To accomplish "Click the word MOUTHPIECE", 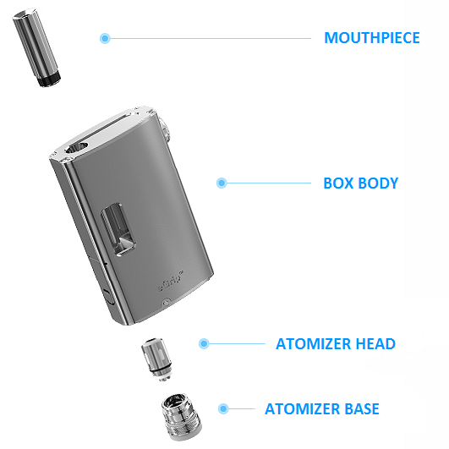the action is pos(372,38).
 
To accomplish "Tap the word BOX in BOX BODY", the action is pos(339,183).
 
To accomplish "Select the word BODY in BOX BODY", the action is pos(378,183).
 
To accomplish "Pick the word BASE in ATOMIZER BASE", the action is pos(362,408).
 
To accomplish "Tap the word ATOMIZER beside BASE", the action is pos(303,408).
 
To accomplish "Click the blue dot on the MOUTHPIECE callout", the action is pos(105,38).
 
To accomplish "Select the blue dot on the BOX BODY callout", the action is pos(222,183).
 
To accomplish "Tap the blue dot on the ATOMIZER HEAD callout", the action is pos(204,343).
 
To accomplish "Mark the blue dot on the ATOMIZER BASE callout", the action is pos(223,408).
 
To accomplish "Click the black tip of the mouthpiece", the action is pos(50,79).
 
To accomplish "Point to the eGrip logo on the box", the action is pos(171,282).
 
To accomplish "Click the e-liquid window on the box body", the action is pos(118,229).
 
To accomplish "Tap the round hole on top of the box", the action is pos(76,148).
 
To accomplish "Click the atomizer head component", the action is pos(157,359).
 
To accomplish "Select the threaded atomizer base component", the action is pos(182,417).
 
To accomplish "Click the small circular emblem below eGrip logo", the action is pos(167,303).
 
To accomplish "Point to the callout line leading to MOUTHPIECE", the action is pos(211,38).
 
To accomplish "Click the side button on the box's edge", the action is pos(109,297).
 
